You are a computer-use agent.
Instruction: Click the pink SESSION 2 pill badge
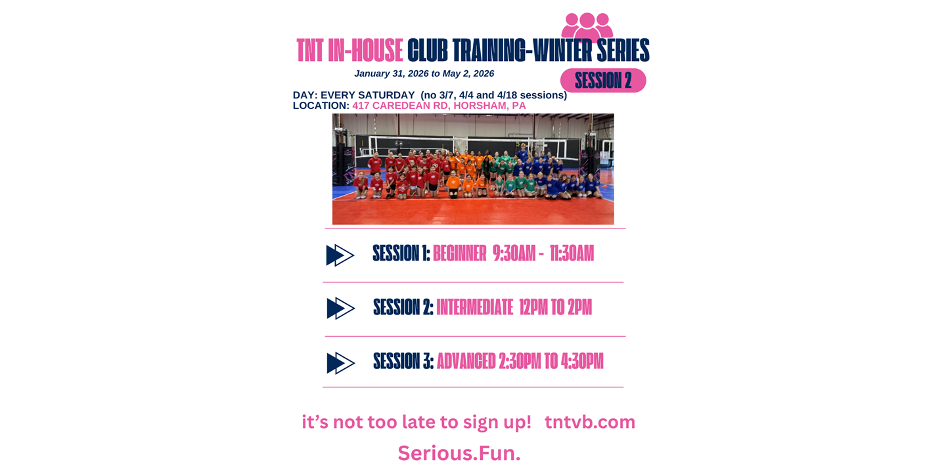tap(602, 80)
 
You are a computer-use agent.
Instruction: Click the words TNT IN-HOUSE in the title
tap(349, 51)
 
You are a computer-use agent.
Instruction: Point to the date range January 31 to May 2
tap(424, 74)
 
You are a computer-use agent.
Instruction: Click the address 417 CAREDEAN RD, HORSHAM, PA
tap(439, 106)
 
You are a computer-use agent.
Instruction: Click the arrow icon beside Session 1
tap(340, 255)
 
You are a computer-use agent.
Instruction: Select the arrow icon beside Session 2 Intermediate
tap(340, 308)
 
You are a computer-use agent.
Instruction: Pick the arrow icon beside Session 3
tap(340, 362)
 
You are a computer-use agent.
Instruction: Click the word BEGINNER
tap(459, 253)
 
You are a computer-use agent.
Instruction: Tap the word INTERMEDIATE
tap(474, 307)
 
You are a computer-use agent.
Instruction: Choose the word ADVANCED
tap(466, 361)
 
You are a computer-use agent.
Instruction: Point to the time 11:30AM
tap(572, 253)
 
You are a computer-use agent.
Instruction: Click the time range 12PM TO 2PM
tap(555, 307)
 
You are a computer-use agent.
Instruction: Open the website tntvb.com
tap(589, 422)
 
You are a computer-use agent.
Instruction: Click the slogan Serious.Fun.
tap(459, 453)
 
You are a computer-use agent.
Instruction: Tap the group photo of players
tap(472, 169)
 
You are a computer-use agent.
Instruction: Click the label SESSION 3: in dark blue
tap(403, 361)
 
